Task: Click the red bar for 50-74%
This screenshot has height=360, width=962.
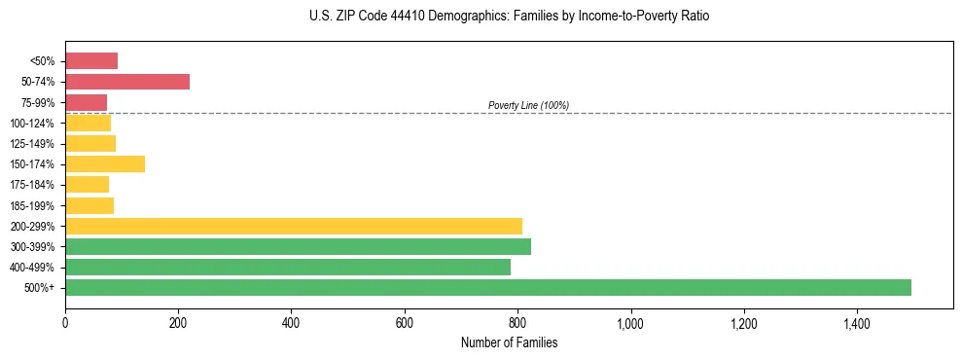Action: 127,82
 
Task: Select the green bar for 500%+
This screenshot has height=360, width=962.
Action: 488,288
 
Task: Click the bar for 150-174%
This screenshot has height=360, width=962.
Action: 105,163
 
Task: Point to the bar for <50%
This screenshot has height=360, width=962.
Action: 91,61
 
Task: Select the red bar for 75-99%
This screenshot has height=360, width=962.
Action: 86,102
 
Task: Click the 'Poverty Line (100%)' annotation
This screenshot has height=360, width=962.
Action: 528,105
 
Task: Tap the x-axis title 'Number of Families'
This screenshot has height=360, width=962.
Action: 509,343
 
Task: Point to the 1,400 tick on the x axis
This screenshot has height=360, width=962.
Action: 857,322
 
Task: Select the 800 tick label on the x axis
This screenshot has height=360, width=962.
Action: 517,322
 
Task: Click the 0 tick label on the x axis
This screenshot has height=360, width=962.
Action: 65,322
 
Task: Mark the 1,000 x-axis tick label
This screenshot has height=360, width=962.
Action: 630,322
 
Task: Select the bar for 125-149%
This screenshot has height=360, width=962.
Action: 90,143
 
